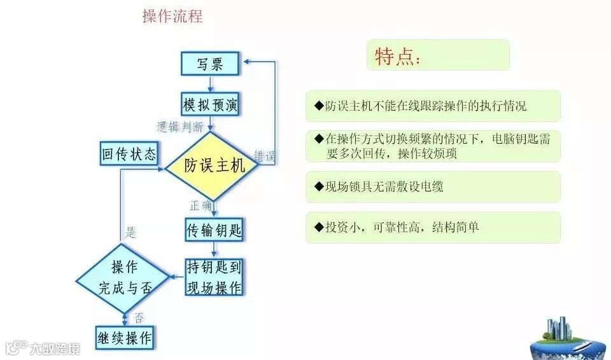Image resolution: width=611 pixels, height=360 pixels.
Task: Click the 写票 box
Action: click(210, 64)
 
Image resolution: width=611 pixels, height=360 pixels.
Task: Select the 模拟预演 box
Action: click(210, 105)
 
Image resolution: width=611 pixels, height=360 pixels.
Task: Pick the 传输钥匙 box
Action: click(214, 230)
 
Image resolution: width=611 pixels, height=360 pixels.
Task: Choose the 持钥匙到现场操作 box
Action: click(214, 277)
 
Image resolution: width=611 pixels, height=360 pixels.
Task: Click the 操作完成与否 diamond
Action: click(124, 277)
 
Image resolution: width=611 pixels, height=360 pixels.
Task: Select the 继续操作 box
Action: click(125, 336)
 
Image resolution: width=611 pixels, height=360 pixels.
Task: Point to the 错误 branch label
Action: click(265, 156)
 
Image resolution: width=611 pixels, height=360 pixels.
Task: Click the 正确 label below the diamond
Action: click(200, 205)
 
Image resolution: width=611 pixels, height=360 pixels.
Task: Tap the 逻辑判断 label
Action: click(180, 127)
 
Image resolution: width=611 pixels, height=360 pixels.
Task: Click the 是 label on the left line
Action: click(130, 233)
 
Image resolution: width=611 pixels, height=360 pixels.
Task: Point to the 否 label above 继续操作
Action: click(139, 317)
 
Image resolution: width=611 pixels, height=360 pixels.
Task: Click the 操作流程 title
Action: click(172, 17)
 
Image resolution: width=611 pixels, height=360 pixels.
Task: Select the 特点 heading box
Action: click(438, 55)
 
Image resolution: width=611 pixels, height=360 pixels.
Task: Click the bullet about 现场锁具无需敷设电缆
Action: click(433, 187)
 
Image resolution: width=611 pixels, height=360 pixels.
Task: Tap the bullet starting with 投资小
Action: click(433, 228)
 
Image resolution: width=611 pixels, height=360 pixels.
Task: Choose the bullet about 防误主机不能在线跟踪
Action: click(433, 106)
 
